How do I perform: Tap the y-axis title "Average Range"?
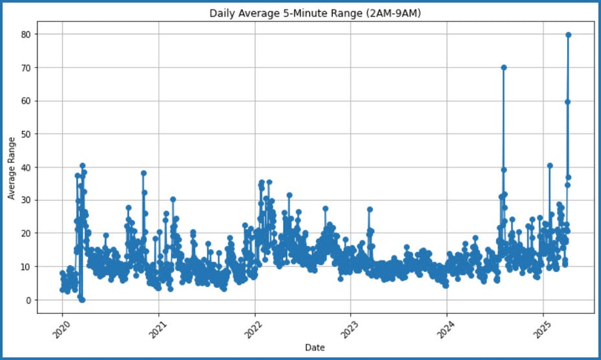pos(11,168)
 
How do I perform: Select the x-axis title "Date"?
pos(315,348)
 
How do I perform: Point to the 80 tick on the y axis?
pos(26,35)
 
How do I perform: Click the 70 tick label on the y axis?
pos(26,68)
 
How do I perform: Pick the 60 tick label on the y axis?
pos(26,102)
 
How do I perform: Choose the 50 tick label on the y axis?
pos(26,134)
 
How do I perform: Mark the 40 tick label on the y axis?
pos(26,168)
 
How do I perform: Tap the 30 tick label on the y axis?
pos(26,200)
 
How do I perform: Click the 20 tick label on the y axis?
pos(26,234)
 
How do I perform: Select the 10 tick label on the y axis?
pos(26,267)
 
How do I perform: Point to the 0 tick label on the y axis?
pos(29,300)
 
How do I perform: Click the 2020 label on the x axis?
pos(61,329)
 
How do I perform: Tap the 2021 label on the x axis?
pos(158,329)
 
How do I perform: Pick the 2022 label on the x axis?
pos(254,329)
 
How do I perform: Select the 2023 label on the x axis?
pos(349,329)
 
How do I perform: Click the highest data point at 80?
pos(568,35)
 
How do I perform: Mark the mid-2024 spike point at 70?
pos(504,67)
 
